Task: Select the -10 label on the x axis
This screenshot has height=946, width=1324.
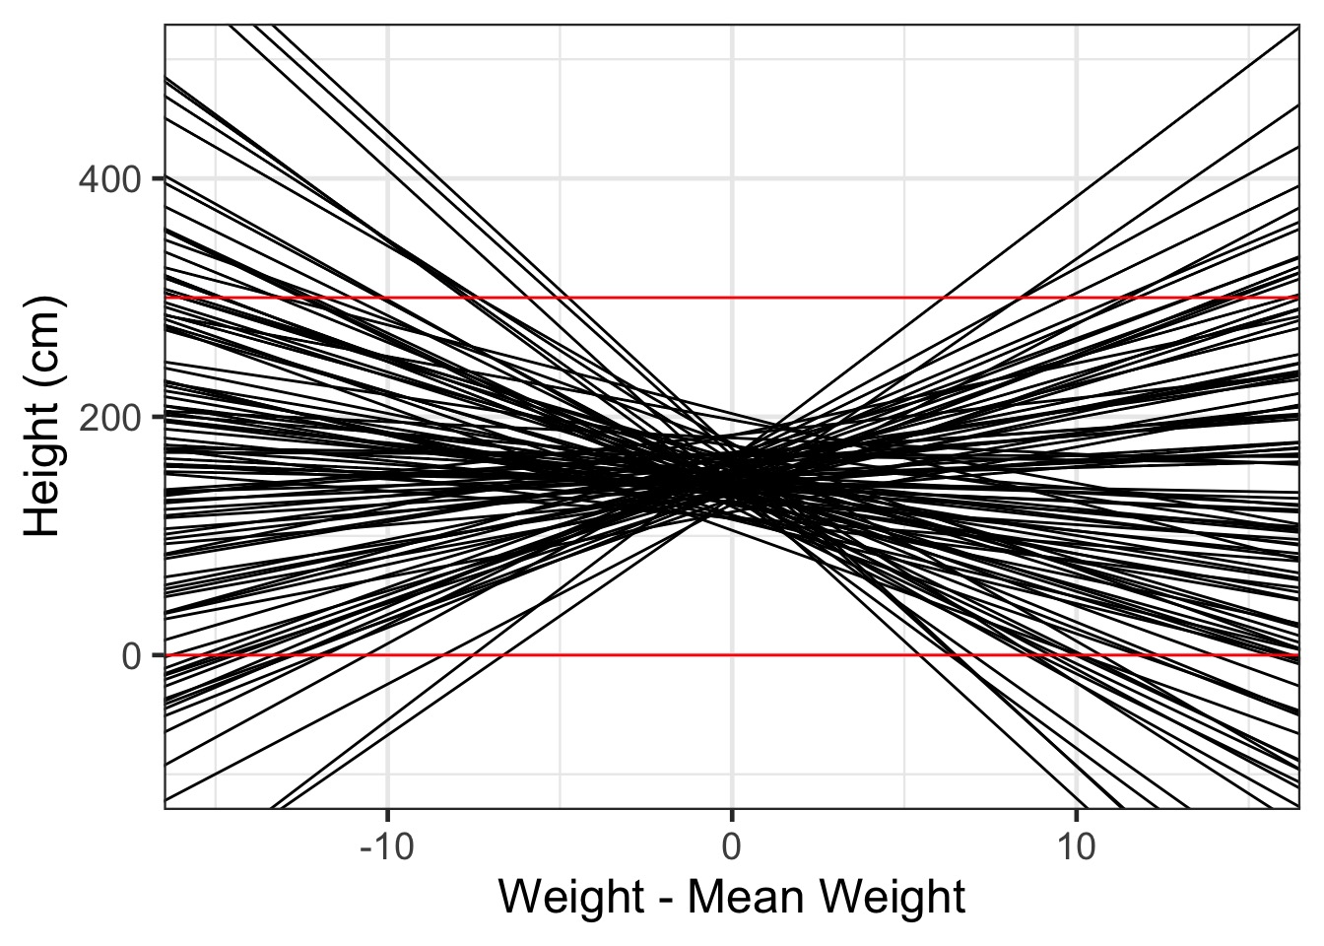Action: click(x=387, y=845)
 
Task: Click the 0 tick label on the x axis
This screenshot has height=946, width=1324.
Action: click(x=731, y=845)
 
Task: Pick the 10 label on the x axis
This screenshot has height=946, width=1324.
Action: click(x=1076, y=845)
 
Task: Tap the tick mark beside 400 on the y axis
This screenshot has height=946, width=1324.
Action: click(x=158, y=178)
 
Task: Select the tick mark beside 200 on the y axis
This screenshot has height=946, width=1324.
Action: click(x=158, y=416)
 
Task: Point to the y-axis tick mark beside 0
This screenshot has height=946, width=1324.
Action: click(x=158, y=654)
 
